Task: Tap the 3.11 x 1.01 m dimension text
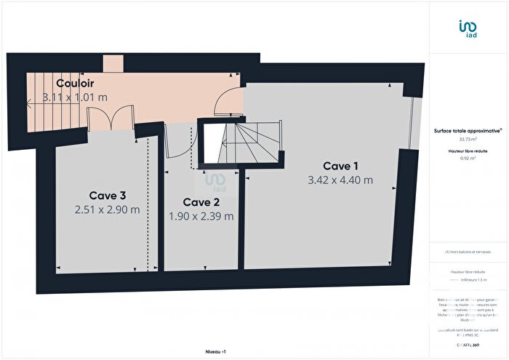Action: click(x=75, y=96)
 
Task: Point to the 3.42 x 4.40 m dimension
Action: click(x=340, y=180)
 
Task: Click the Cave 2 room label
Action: click(x=201, y=202)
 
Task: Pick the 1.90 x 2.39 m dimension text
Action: click(x=201, y=215)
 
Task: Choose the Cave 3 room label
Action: click(x=108, y=195)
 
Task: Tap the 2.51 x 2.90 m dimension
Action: click(x=107, y=209)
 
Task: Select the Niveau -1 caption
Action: click(x=215, y=351)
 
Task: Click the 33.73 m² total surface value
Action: click(x=468, y=139)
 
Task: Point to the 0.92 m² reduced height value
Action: click(x=468, y=158)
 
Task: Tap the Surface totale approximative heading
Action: click(x=467, y=130)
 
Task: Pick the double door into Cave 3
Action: click(x=109, y=120)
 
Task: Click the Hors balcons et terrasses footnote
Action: click(x=468, y=252)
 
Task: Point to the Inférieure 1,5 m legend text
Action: click(x=472, y=279)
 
